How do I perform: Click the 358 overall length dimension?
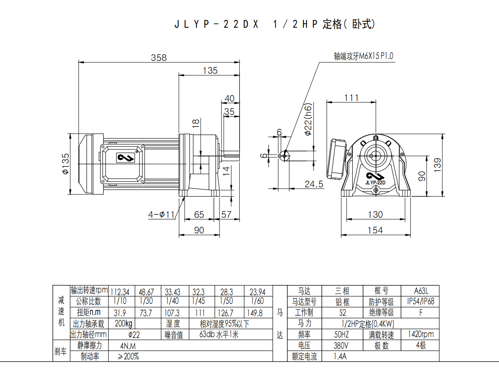click(159, 58)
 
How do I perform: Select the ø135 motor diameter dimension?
click(65, 163)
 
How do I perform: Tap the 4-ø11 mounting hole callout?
click(162, 214)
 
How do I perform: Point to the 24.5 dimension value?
click(314, 184)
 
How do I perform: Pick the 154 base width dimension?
click(375, 230)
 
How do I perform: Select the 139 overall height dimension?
click(437, 165)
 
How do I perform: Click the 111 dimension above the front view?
click(351, 98)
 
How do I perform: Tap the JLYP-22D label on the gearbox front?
click(375, 182)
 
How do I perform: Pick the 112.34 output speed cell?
click(120, 292)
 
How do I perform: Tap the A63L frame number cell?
click(420, 291)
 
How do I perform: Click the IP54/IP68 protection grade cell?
click(420, 301)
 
